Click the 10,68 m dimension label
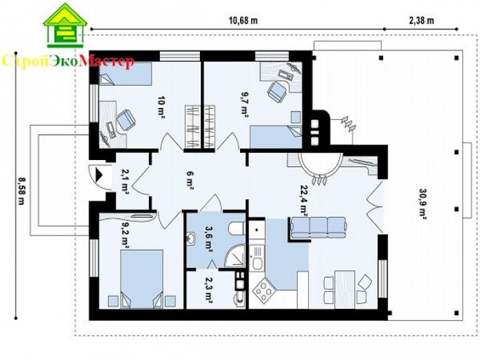244,20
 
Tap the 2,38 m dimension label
421,20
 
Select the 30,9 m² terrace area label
423,202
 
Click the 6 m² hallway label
190,180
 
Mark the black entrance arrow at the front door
99,175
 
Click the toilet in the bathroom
237,228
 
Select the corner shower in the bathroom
235,256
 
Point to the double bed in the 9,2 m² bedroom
142,279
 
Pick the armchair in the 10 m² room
126,120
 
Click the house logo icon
65,25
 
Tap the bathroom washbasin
191,239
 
